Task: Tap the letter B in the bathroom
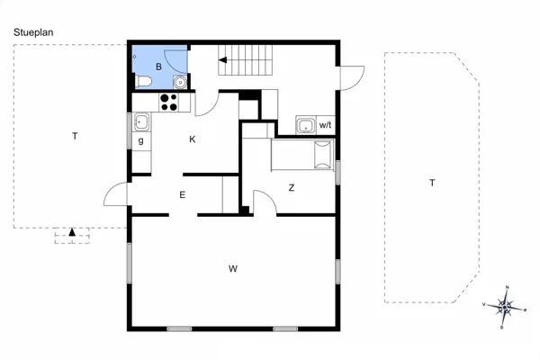(158, 66)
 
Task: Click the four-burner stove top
(168, 102)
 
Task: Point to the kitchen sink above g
(141, 121)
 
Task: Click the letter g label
(141, 141)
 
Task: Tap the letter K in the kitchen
(193, 139)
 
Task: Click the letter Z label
(292, 188)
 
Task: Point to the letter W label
(232, 268)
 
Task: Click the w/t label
(325, 125)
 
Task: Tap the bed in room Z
(302, 154)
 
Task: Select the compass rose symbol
(506, 307)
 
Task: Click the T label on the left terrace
(75, 137)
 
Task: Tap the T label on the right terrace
(432, 183)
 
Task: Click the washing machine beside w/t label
(305, 125)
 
